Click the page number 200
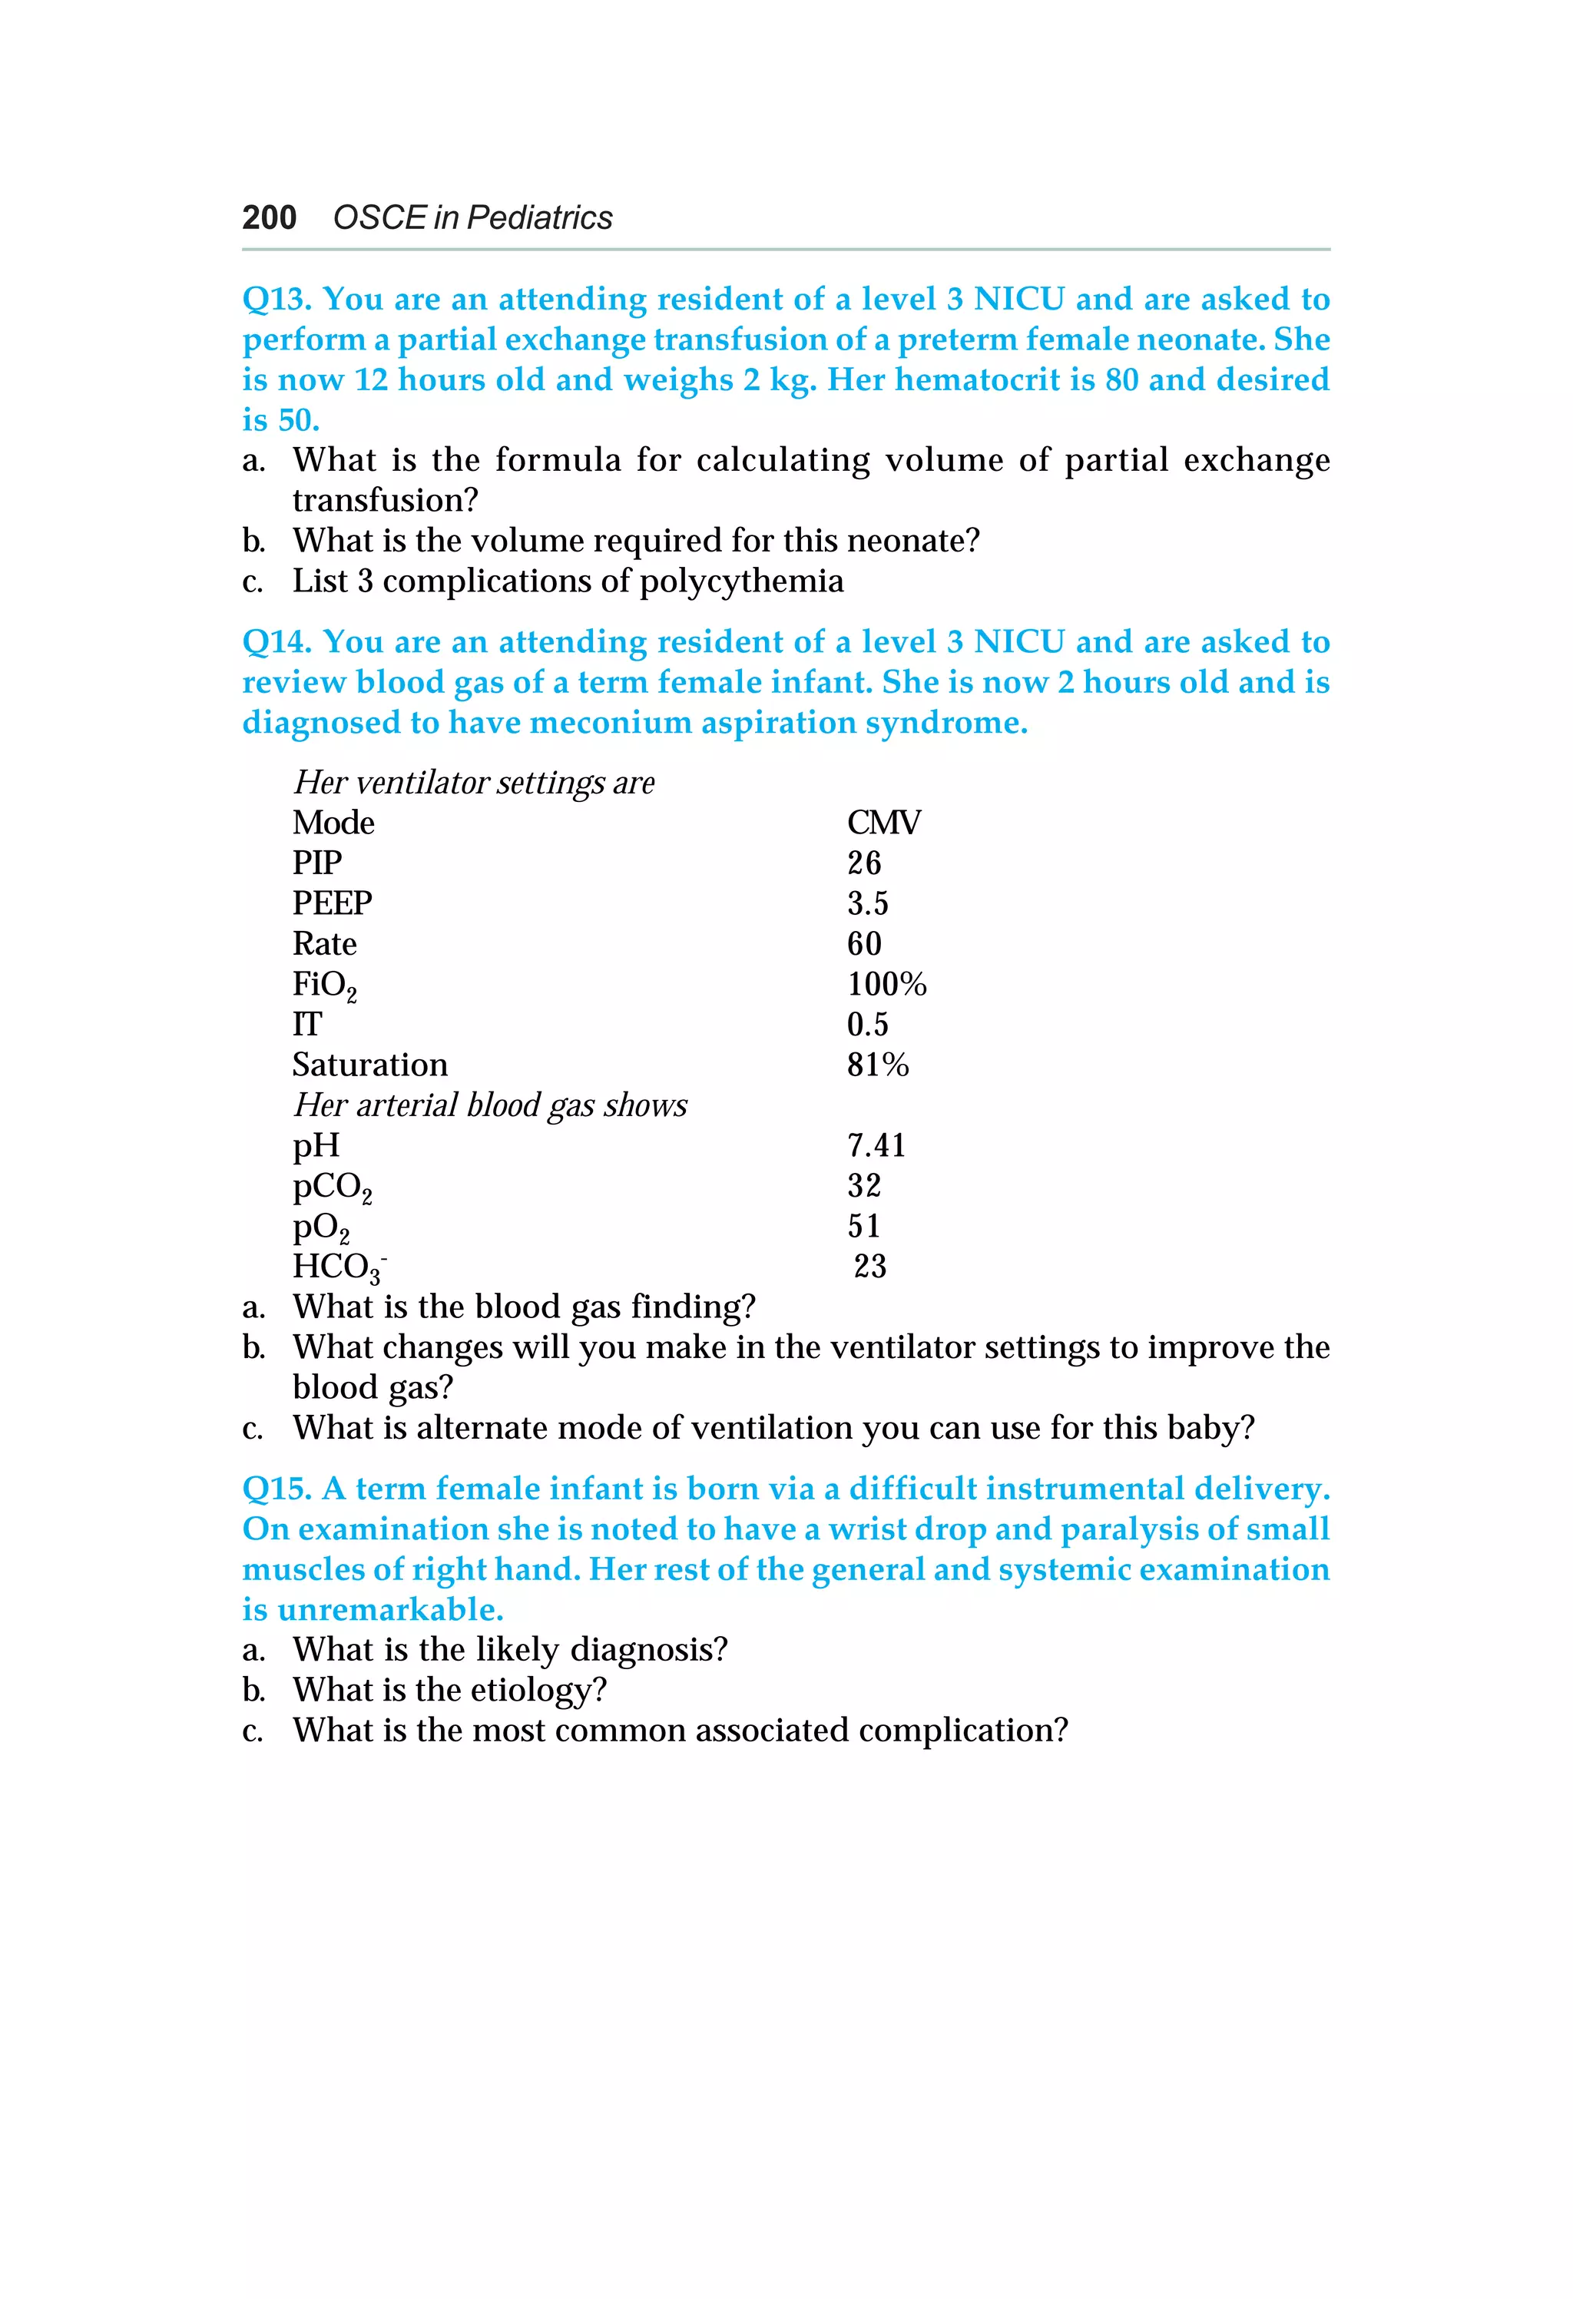pos(269,217)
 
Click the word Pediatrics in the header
pos(539,217)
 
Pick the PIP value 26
pos(863,863)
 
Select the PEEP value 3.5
pos(868,904)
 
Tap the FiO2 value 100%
pos(886,984)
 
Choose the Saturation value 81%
pos(878,1065)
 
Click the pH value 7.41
pos(876,1145)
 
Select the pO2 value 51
pos(863,1227)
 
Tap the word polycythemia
pos(741,581)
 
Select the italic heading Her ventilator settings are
pos(474,783)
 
